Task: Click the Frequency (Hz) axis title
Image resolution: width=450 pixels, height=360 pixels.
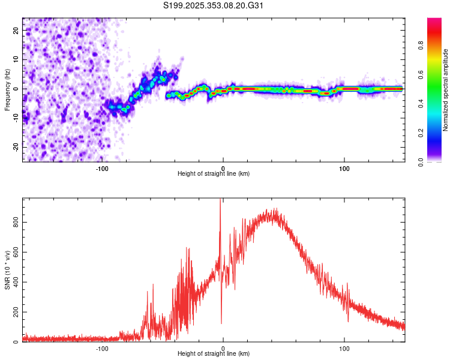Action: coord(8,89)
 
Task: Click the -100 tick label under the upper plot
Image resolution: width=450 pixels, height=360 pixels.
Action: coord(101,168)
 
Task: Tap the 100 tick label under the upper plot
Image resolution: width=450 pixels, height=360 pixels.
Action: coord(344,168)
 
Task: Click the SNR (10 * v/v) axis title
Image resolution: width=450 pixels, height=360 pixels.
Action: coord(8,270)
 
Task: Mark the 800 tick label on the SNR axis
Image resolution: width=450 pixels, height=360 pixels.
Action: coord(16,222)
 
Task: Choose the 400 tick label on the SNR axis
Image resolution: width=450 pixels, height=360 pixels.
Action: coord(16,282)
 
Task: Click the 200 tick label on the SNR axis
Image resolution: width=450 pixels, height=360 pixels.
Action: coord(16,313)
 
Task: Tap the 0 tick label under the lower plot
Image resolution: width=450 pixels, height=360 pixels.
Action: coord(223,349)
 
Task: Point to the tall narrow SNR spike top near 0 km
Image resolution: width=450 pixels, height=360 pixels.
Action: coord(220,200)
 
